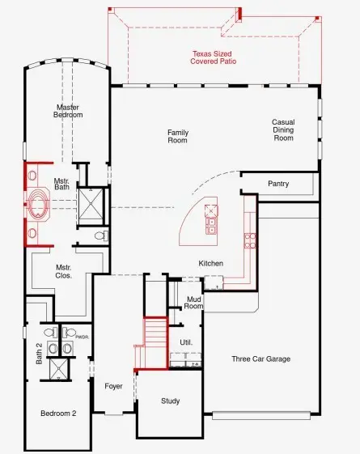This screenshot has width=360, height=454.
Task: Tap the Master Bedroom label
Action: pyautogui.click(x=69, y=111)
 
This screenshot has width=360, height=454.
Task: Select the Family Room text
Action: pyautogui.click(x=177, y=136)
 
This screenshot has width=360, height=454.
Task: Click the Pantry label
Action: pyautogui.click(x=278, y=184)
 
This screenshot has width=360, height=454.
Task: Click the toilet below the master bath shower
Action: pyautogui.click(x=100, y=236)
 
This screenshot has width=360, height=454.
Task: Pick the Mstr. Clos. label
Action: pyautogui.click(x=64, y=271)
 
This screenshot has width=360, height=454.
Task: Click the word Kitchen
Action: pyautogui.click(x=210, y=263)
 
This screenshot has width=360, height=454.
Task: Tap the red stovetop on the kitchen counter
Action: pyautogui.click(x=250, y=240)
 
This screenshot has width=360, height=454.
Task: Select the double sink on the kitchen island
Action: pyautogui.click(x=212, y=215)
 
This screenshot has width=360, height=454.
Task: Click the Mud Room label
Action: pyautogui.click(x=193, y=302)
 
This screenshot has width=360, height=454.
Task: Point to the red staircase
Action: pyautogui.click(x=155, y=339)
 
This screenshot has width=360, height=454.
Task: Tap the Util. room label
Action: pyautogui.click(x=186, y=342)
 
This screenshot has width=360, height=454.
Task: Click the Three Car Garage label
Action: pyautogui.click(x=260, y=359)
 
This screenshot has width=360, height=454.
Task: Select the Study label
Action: pyautogui.click(x=170, y=401)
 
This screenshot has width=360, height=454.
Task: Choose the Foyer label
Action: pyautogui.click(x=113, y=386)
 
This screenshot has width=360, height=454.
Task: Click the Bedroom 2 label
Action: pyautogui.click(x=58, y=413)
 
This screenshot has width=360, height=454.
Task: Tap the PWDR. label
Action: pyautogui.click(x=81, y=335)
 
